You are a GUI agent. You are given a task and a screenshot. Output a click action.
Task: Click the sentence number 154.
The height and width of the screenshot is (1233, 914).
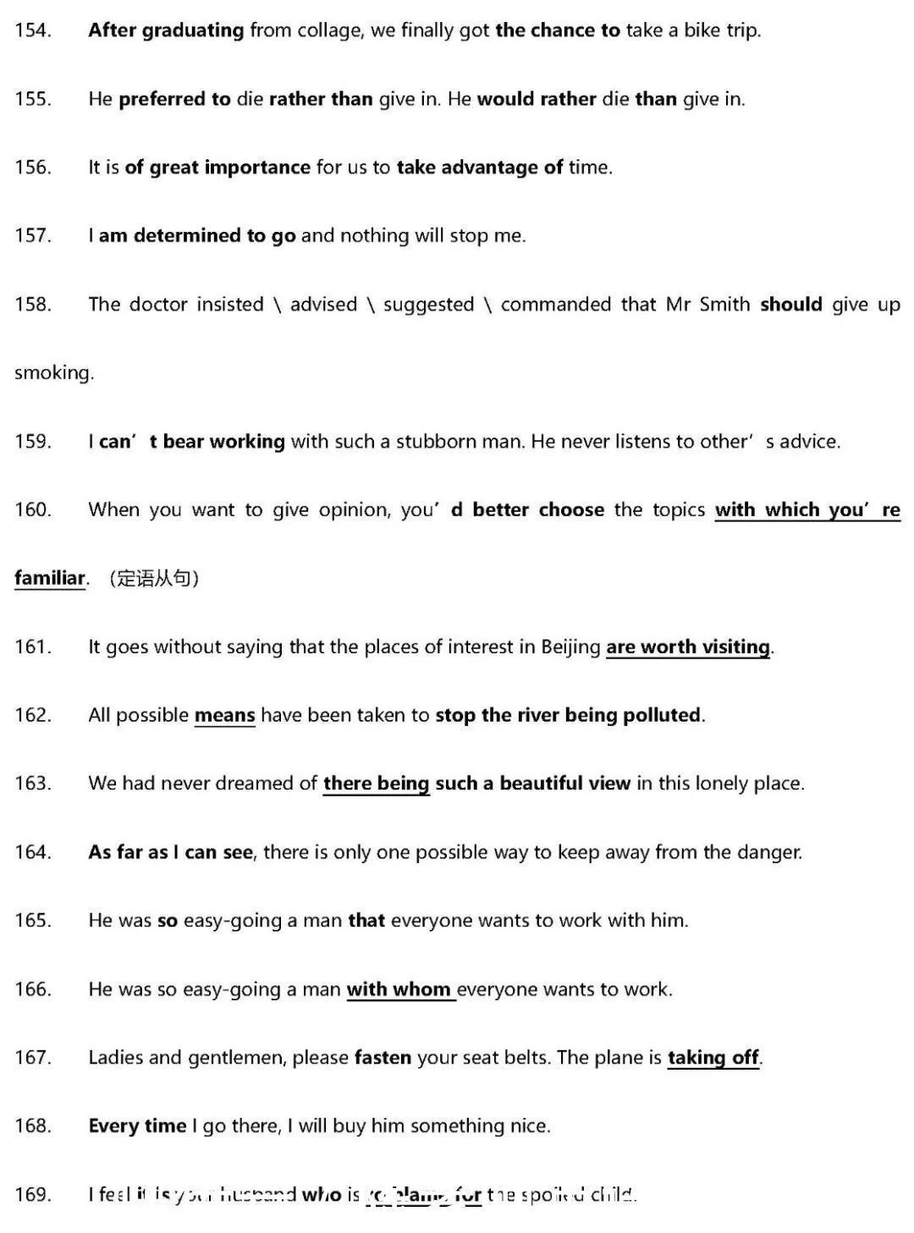(x=33, y=30)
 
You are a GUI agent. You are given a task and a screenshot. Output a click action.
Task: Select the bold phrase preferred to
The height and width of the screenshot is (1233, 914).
(x=174, y=99)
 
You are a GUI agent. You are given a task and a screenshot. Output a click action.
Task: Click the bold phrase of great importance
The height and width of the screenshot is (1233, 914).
(x=217, y=168)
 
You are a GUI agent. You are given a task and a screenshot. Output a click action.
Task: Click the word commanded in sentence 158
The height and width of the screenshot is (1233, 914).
(x=555, y=305)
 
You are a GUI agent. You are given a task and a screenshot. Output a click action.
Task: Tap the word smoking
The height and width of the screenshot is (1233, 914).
(x=53, y=373)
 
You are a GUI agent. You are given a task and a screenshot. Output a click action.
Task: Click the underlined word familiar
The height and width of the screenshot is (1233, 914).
(x=50, y=579)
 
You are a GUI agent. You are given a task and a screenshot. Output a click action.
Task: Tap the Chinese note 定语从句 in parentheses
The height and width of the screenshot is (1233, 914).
(x=152, y=579)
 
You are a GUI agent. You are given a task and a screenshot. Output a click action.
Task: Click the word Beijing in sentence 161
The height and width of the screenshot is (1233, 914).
(x=570, y=647)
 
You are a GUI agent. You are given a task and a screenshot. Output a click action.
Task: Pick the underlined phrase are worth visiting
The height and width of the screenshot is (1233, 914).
(x=687, y=647)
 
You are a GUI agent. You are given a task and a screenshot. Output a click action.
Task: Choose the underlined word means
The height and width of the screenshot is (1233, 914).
(x=224, y=716)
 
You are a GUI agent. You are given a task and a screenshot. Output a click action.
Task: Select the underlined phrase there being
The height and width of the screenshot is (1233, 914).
(x=376, y=784)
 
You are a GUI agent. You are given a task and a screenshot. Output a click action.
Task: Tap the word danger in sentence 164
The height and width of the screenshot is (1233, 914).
(x=772, y=852)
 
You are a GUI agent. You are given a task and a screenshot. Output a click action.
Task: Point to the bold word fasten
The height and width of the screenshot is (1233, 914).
(x=383, y=1058)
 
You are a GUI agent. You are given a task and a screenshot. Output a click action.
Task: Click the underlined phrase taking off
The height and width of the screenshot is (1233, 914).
(x=713, y=1058)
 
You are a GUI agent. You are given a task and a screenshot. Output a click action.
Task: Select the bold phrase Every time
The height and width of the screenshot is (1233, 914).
(x=137, y=1126)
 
